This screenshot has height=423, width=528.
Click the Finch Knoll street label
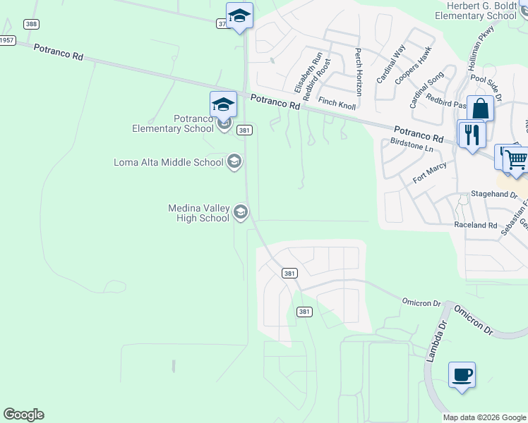[337, 103]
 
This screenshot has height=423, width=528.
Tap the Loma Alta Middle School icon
[234, 162]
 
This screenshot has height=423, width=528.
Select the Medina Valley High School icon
[241, 212]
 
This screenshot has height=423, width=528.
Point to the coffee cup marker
[462, 374]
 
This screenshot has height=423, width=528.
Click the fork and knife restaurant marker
[472, 133]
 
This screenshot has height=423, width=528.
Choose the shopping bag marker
[480, 109]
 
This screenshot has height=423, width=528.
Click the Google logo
[23, 415]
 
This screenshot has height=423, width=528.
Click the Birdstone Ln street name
[411, 145]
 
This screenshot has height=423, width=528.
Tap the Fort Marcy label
[430, 173]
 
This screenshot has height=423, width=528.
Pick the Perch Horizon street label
[359, 72]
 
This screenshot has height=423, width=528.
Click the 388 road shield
[30, 24]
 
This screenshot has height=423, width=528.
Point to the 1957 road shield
[6, 40]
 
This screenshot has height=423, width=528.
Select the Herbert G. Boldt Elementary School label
[476, 11]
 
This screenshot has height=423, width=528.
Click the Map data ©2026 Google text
[484, 417]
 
